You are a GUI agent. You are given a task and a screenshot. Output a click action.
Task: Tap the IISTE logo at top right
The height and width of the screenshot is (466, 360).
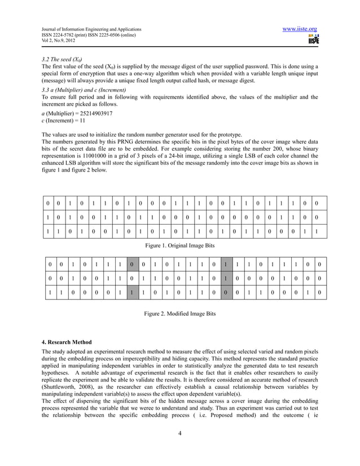coord(314,40)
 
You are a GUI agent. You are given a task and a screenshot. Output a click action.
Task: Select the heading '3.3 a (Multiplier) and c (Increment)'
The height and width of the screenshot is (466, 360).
coord(84,90)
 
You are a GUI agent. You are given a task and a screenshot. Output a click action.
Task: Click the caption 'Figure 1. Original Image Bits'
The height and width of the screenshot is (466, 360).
coord(180,246)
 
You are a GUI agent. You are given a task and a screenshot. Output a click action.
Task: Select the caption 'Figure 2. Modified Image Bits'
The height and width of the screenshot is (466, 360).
coord(180,313)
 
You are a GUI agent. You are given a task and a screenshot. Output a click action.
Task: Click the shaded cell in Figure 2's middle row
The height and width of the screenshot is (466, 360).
coord(225,278)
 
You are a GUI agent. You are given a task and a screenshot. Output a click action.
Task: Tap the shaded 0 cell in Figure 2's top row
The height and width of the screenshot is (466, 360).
coord(131,263)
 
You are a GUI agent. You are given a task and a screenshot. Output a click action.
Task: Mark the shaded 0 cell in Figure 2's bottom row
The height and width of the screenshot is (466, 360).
coord(225,293)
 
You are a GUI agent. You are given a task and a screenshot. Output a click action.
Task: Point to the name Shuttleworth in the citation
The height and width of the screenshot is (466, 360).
coord(62,387)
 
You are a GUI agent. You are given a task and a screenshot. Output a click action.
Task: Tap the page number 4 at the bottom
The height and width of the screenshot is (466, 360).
coord(179,433)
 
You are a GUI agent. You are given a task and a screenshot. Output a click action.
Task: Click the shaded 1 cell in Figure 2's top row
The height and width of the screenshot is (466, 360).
coord(225,263)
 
